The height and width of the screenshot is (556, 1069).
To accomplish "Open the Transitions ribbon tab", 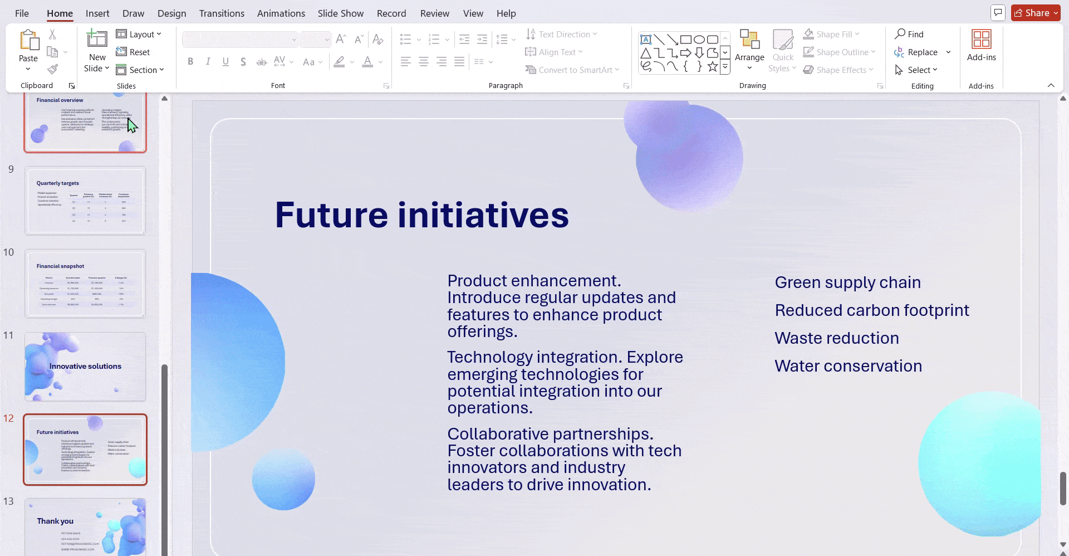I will (x=222, y=13).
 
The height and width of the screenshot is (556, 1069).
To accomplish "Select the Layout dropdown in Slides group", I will (x=139, y=34).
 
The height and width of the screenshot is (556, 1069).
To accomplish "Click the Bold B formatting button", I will (x=190, y=62).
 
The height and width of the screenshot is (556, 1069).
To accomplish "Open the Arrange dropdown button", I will (x=749, y=61).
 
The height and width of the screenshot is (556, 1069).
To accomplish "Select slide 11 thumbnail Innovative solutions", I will (x=85, y=367).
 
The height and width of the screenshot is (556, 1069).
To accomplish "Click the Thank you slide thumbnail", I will (x=85, y=526).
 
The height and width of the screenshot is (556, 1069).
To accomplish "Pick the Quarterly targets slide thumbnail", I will (x=85, y=201).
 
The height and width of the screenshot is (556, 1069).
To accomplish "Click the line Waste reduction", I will (x=836, y=338).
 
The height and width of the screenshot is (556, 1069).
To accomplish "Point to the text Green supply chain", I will (x=847, y=282).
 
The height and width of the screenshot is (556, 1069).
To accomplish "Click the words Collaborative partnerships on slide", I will (x=550, y=434).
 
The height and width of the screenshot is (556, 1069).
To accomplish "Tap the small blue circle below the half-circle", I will (x=283, y=480).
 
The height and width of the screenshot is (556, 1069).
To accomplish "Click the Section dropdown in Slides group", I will (x=140, y=70).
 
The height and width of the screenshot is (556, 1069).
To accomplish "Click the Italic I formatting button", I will (x=208, y=62).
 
